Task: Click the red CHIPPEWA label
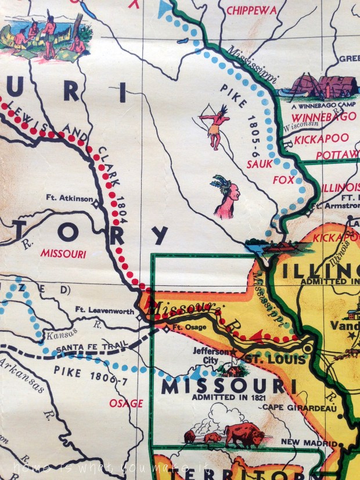tap(252, 10)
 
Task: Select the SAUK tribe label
tap(259, 164)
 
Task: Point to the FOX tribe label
tap(283, 180)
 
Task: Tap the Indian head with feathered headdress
tap(226, 198)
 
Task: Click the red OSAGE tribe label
tap(125, 403)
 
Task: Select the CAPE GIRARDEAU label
tap(294, 407)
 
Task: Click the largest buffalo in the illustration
tap(244, 435)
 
